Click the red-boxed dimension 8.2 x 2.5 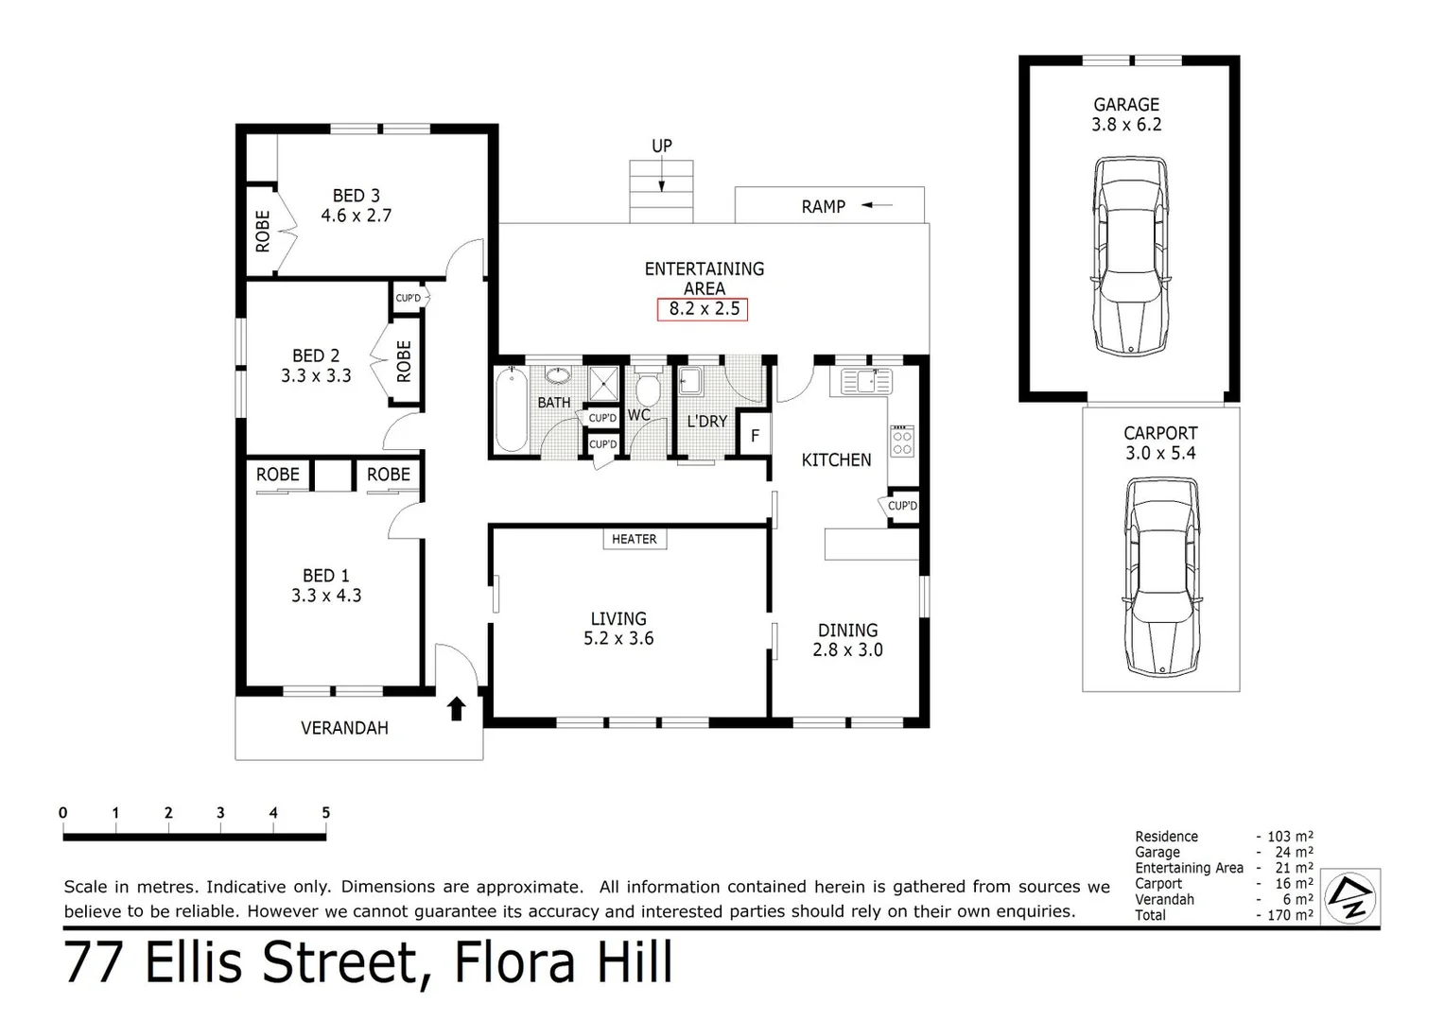pyautogui.click(x=704, y=308)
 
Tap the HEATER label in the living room pyautogui.click(x=634, y=539)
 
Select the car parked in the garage pyautogui.click(x=1130, y=255)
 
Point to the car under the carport pyautogui.click(x=1161, y=577)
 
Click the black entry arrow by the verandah pyautogui.click(x=457, y=708)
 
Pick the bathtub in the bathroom pyautogui.click(x=512, y=410)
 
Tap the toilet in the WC pyautogui.click(x=648, y=388)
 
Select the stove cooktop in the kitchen pyautogui.click(x=902, y=441)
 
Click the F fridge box pyautogui.click(x=755, y=436)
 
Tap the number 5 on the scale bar pyautogui.click(x=325, y=813)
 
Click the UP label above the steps pyautogui.click(x=662, y=146)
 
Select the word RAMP pyautogui.click(x=823, y=206)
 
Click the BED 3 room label pyautogui.click(x=356, y=196)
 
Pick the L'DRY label pyautogui.click(x=706, y=421)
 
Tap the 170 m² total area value pyautogui.click(x=1290, y=915)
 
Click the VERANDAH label pyautogui.click(x=344, y=728)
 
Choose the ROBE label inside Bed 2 pyautogui.click(x=404, y=360)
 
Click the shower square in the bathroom pyautogui.click(x=603, y=384)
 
